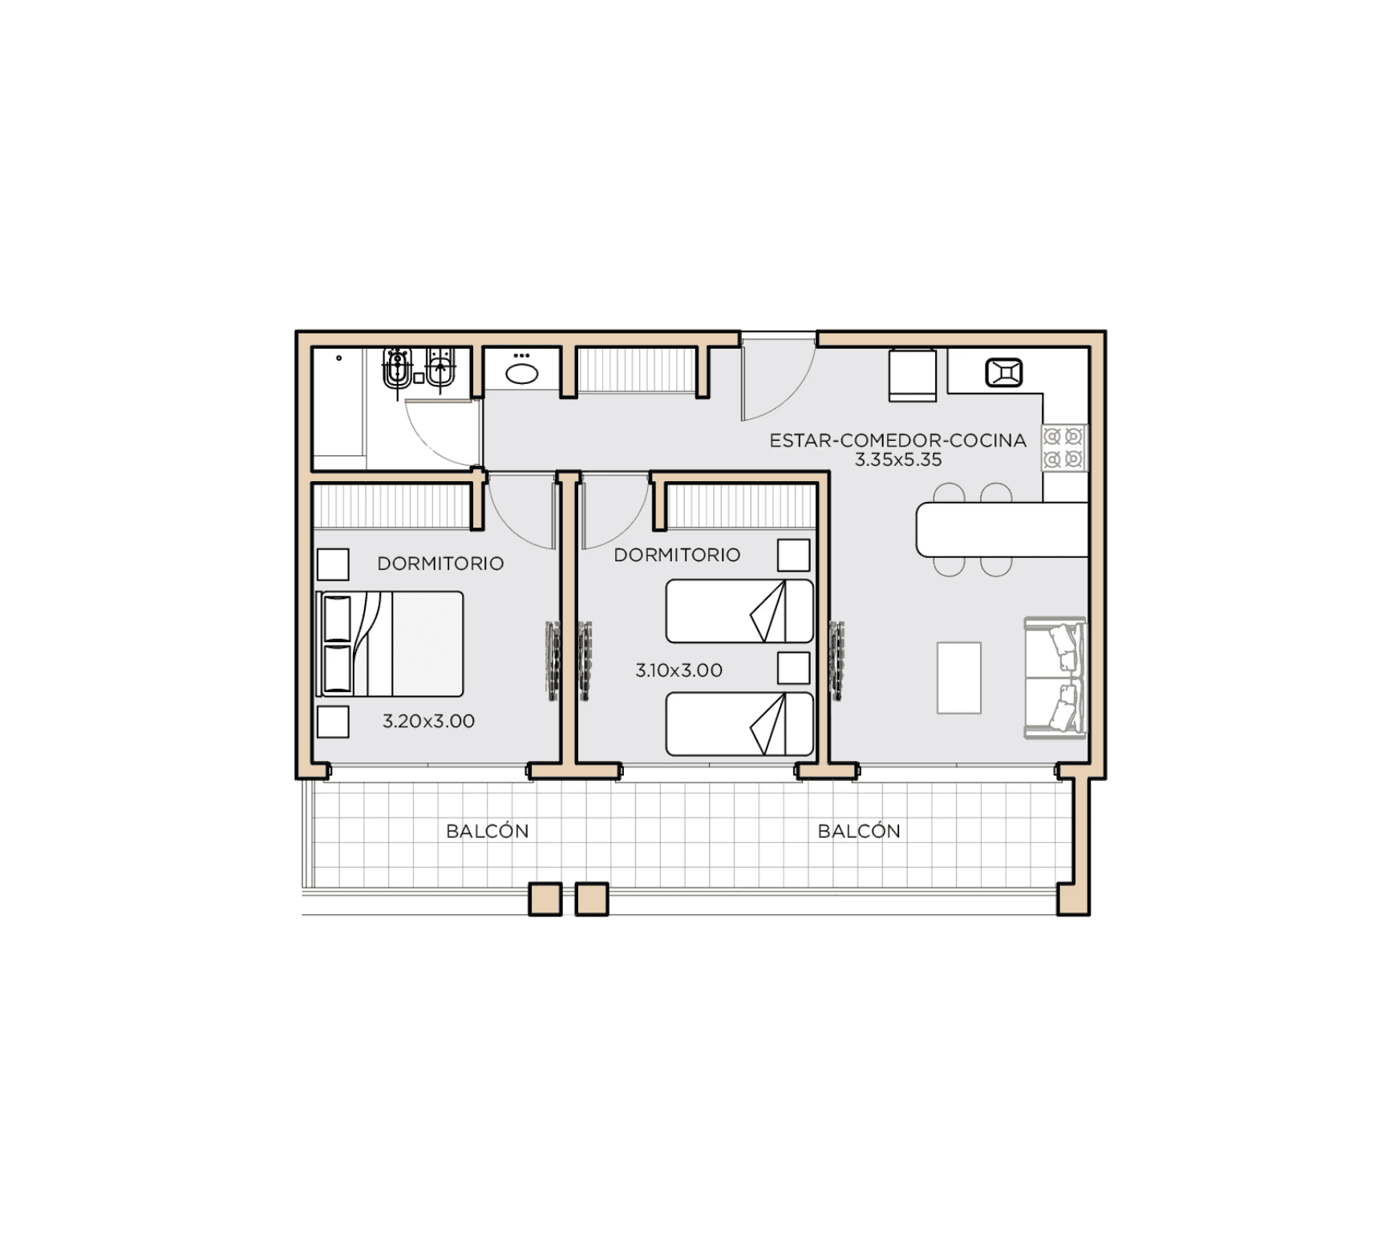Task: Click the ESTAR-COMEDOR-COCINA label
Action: (x=897, y=440)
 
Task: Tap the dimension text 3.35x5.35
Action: (x=897, y=460)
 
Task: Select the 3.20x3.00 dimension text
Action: (x=428, y=721)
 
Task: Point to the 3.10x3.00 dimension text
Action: (x=678, y=670)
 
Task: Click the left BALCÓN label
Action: (x=488, y=831)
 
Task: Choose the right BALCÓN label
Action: (x=859, y=831)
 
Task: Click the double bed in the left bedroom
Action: (x=391, y=644)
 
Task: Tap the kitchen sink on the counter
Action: (x=1004, y=373)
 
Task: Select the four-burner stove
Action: (x=1064, y=448)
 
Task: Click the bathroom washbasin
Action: (x=521, y=374)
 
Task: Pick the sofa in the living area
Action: (x=1055, y=678)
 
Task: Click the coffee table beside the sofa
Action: (x=959, y=678)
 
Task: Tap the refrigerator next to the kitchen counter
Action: (x=913, y=375)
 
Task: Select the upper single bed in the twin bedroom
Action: (x=739, y=611)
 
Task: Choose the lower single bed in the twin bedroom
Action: (x=739, y=724)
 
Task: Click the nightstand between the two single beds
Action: (x=793, y=668)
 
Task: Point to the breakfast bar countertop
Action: (x=1002, y=529)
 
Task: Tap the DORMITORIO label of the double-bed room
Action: (x=440, y=564)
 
